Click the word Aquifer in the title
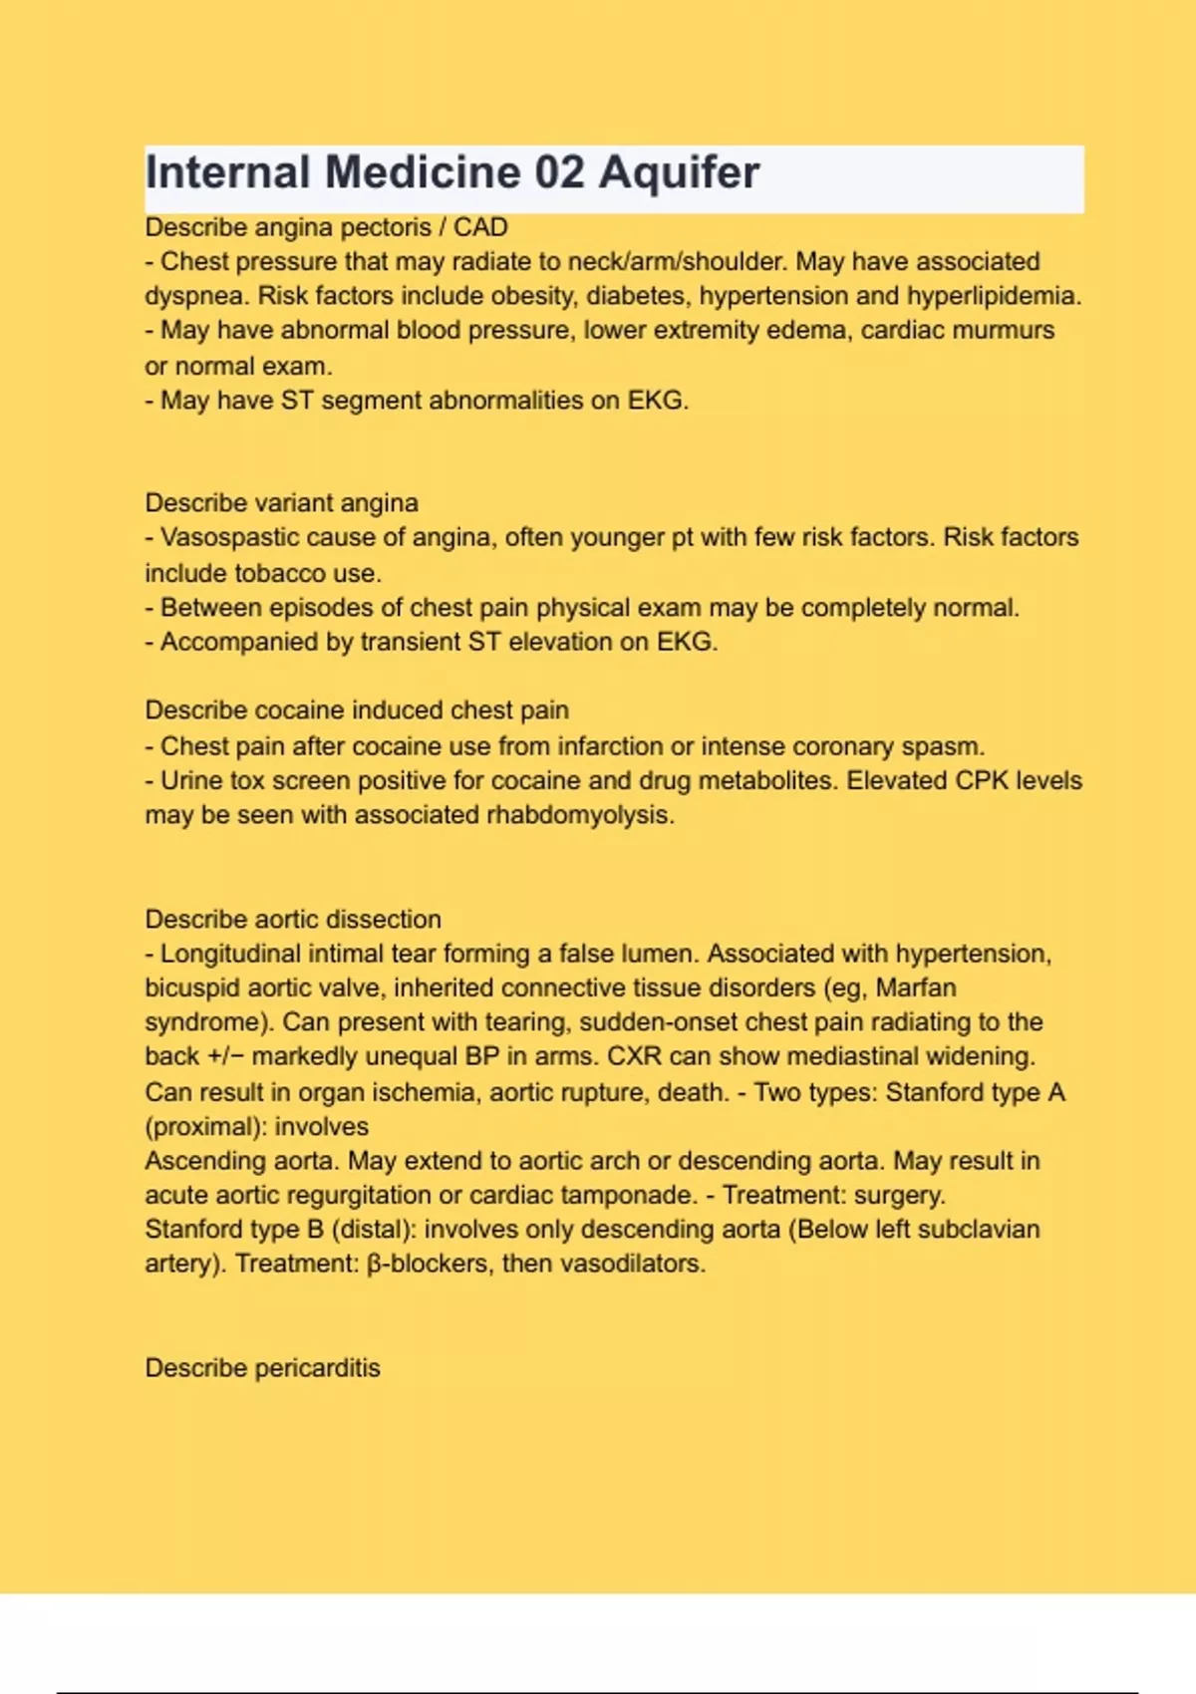679,173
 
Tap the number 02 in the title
559,171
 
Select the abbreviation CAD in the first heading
480,227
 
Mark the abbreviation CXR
634,1056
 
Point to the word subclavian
978,1229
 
